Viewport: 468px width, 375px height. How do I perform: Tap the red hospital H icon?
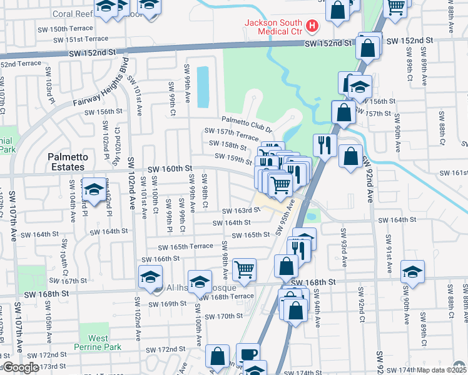tap(312, 28)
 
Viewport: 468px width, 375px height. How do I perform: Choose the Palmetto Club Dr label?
tap(248, 125)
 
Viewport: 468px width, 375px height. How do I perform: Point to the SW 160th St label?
tap(169, 169)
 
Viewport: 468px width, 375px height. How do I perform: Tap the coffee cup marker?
tap(247, 354)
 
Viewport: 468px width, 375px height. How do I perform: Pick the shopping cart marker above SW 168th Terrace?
tap(244, 269)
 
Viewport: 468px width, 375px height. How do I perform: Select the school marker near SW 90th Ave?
tap(412, 271)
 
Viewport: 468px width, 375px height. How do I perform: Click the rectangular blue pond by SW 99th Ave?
tap(203, 87)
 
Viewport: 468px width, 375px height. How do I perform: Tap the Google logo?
tap(21, 367)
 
